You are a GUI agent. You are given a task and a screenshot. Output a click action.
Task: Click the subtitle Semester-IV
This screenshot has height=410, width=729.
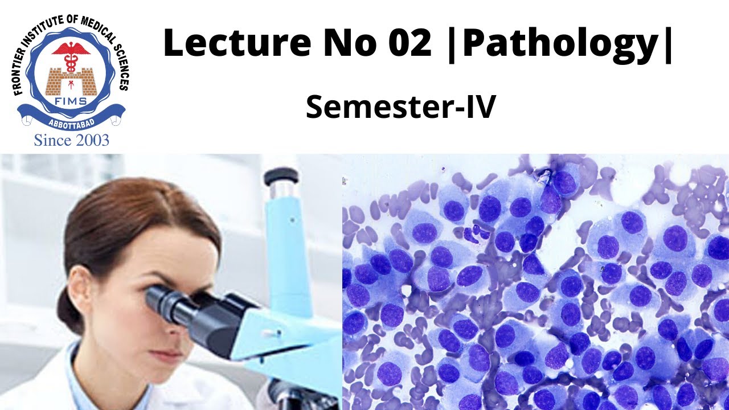(400, 107)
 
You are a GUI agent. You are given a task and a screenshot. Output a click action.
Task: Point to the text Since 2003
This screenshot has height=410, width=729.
(71, 140)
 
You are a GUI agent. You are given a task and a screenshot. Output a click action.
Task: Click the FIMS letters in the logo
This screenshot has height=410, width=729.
(71, 101)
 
